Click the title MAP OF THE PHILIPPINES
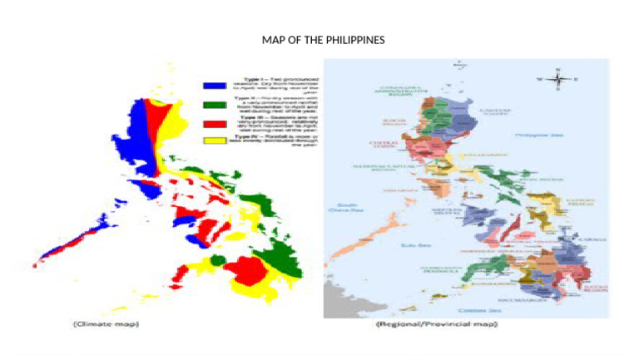[x=324, y=40]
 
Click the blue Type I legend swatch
[x=215, y=86]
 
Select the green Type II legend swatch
[x=215, y=105]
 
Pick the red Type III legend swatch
[x=215, y=125]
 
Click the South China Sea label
[x=347, y=208]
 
